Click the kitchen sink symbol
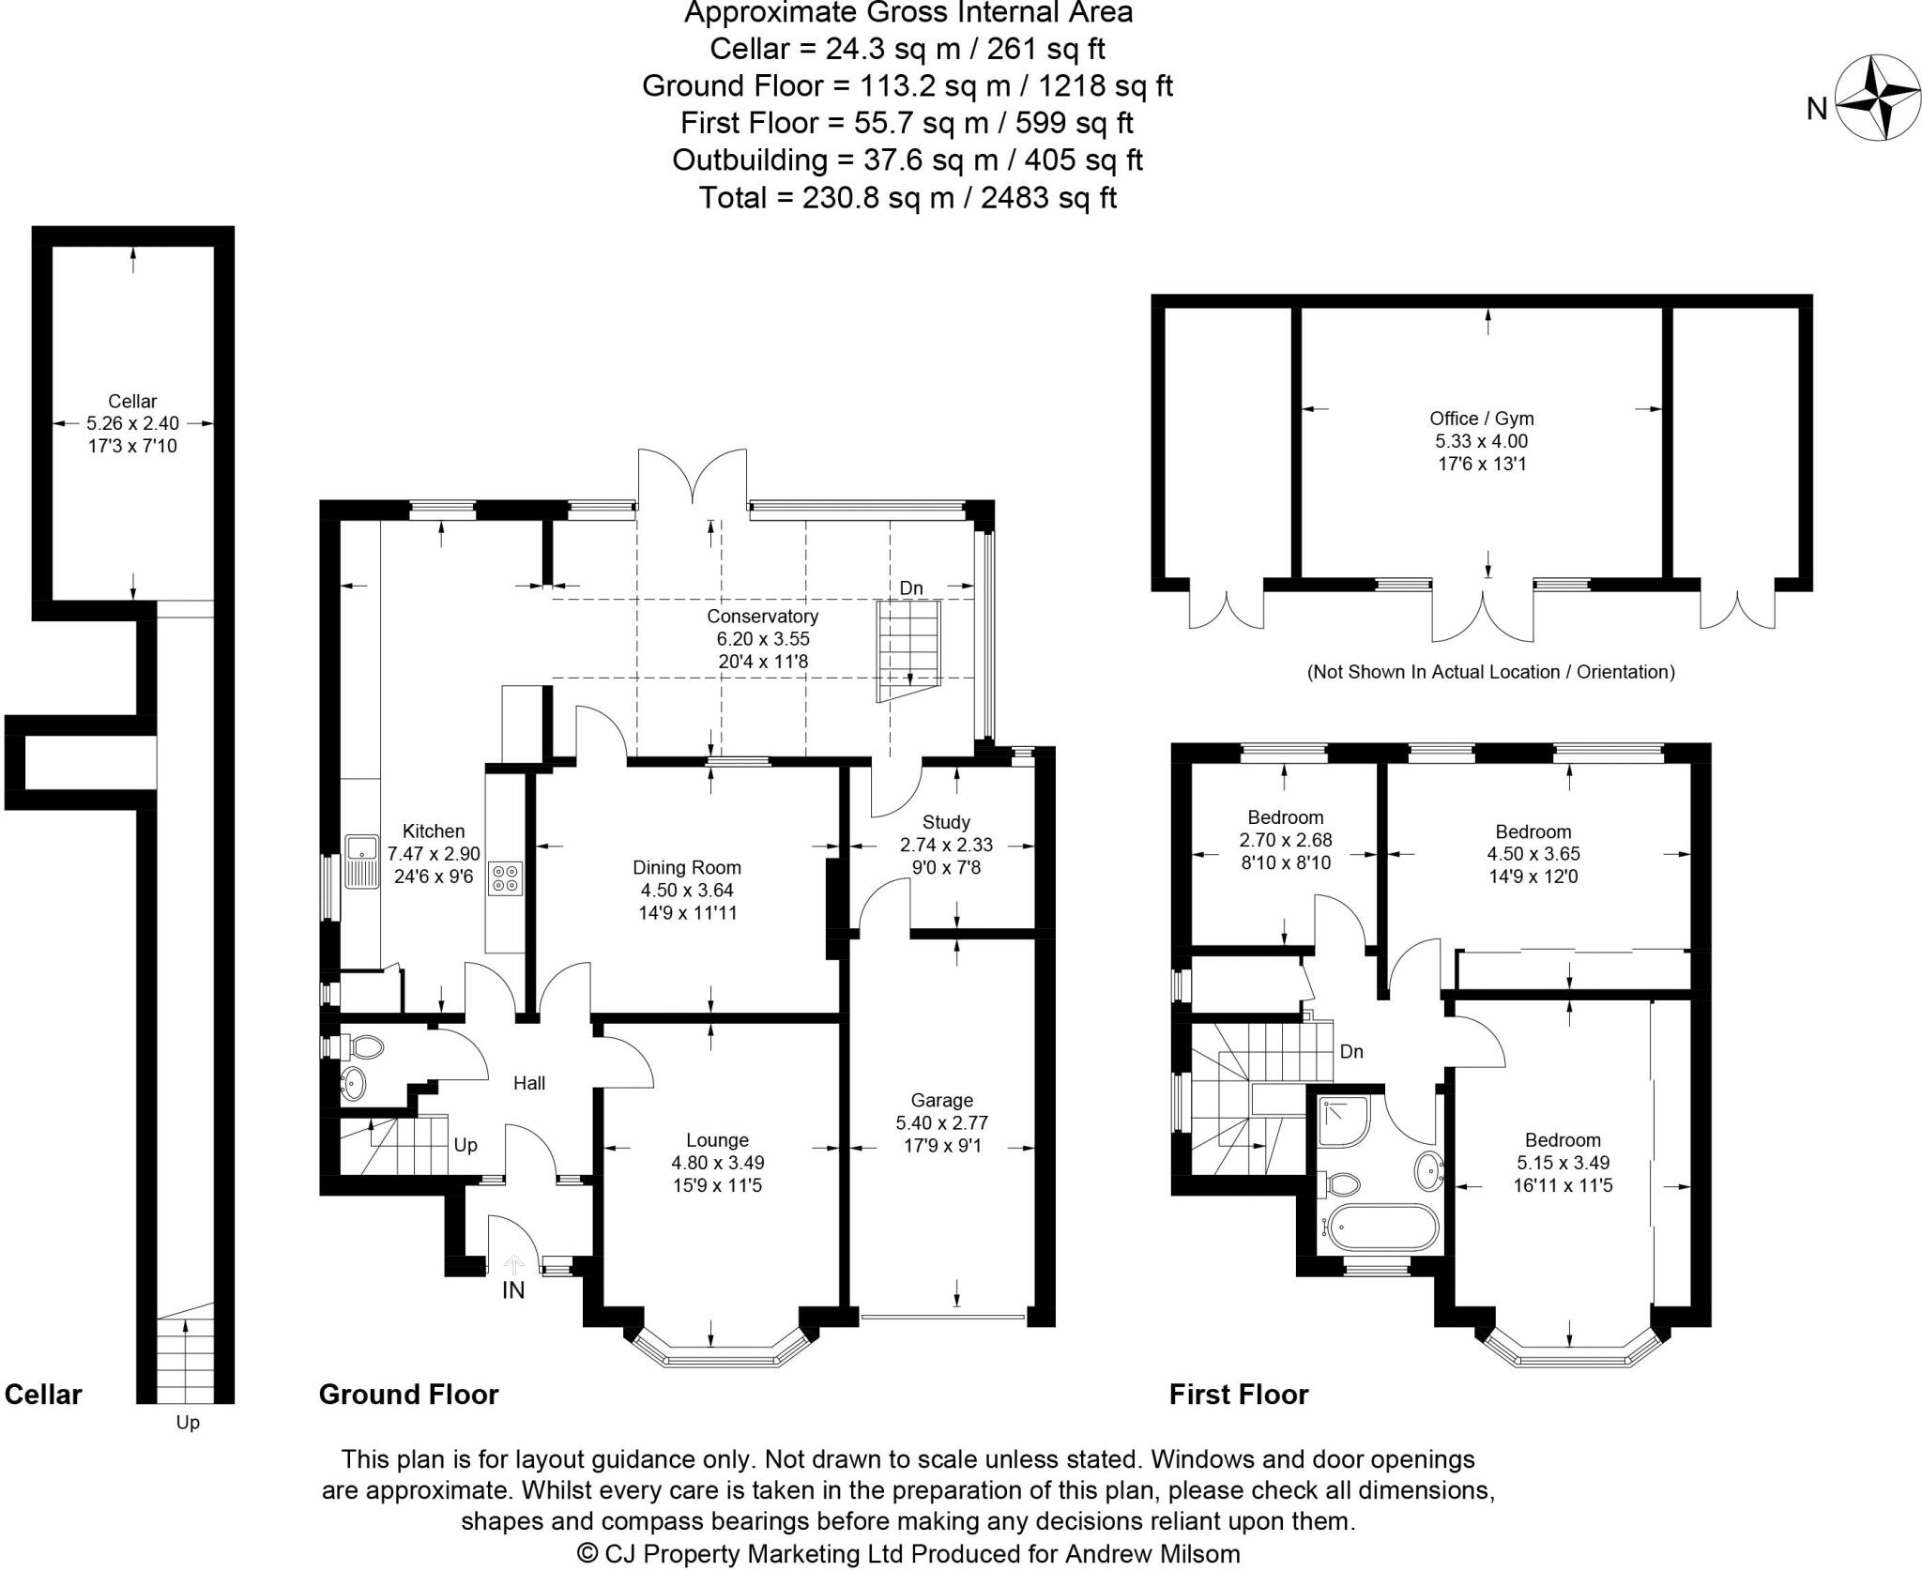pos(359,862)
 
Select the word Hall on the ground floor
pos(529,1083)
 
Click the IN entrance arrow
pos(513,1267)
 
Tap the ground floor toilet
pos(360,1045)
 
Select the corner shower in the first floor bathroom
pos(1343,1122)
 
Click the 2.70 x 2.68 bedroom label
pos(1285,840)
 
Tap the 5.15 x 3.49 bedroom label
pos(1562,1163)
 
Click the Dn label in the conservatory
pos(911,588)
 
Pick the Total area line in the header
pos(908,197)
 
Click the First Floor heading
pos(1239,1395)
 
